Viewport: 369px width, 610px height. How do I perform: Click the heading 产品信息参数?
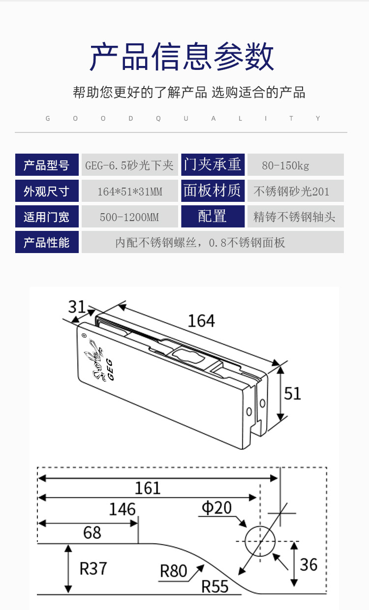182,57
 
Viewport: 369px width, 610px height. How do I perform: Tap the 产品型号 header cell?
47,165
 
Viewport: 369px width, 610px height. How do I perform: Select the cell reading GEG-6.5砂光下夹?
130,165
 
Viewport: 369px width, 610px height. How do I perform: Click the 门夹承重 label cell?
213,164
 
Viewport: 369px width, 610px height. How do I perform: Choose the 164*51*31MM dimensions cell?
130,191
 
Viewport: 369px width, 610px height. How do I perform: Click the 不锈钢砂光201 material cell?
291,191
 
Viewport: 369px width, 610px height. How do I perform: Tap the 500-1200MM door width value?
130,217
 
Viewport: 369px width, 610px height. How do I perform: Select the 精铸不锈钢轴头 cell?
294,217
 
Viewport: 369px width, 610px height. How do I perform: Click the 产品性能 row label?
47,242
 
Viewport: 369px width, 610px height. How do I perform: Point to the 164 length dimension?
201,321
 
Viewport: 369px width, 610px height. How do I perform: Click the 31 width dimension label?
77,307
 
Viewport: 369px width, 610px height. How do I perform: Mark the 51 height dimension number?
292,393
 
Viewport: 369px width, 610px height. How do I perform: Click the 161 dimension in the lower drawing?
148,488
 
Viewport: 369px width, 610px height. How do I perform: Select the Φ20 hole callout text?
216,508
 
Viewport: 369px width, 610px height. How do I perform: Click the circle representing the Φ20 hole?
259,541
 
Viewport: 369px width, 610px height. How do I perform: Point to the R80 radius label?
174,571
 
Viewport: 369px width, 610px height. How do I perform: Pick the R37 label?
93,569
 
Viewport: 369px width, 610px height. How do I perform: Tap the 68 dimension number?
92,532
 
